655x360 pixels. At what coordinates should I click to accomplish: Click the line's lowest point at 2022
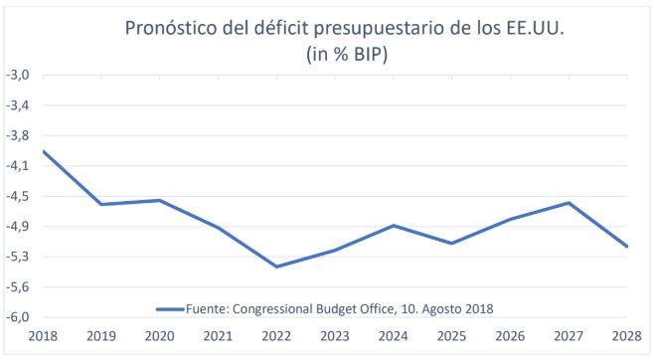pyautogui.click(x=276, y=267)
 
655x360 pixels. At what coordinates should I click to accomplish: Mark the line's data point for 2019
pyautogui.click(x=101, y=205)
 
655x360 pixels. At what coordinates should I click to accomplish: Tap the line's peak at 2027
pyautogui.click(x=569, y=203)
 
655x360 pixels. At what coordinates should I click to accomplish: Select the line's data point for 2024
pyautogui.click(x=394, y=226)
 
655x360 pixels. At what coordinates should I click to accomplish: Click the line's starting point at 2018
pyautogui.click(x=43, y=151)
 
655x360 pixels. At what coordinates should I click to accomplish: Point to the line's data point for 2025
pyautogui.click(x=451, y=244)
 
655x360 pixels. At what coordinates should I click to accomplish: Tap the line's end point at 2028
pyautogui.click(x=627, y=247)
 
